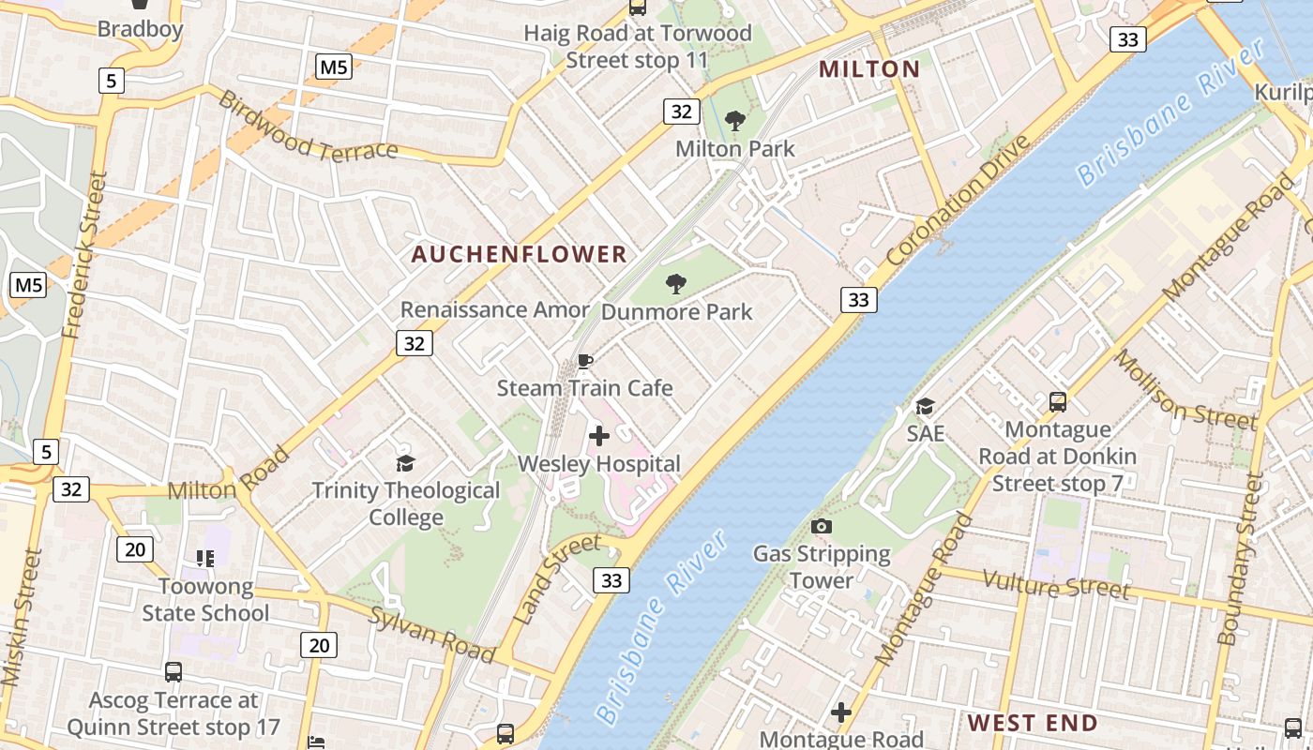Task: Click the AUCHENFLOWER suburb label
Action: click(519, 254)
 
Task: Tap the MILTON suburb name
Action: click(869, 68)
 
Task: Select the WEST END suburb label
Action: click(1032, 723)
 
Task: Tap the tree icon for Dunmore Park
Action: click(675, 283)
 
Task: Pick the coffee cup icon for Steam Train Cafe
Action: click(585, 361)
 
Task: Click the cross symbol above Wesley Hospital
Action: click(599, 436)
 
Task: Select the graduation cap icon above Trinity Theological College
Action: click(405, 462)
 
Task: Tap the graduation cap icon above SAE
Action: click(925, 406)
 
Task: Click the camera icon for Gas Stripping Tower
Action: click(822, 526)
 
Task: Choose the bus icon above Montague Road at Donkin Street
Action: click(1058, 402)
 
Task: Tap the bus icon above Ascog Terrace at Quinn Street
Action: click(174, 671)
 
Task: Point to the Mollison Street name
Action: click(1184, 390)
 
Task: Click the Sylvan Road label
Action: click(430, 634)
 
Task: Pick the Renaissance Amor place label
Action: click(495, 309)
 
